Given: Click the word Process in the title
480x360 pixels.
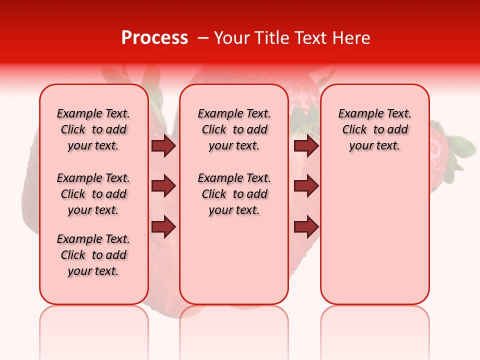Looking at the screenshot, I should click(154, 38).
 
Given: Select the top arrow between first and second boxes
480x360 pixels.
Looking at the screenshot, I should click(163, 145).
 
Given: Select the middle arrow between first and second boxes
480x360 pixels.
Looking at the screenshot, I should click(163, 186).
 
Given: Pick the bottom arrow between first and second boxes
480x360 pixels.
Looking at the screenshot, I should click(163, 226).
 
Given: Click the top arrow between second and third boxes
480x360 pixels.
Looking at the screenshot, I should click(306, 145).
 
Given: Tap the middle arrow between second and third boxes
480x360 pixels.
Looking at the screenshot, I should click(306, 186).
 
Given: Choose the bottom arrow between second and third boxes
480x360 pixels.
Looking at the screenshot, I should click(306, 226).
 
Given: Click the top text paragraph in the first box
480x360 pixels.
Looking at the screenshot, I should click(93, 129).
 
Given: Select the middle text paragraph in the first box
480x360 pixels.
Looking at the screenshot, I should click(93, 194).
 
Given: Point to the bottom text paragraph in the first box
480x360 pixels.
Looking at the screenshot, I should click(93, 255).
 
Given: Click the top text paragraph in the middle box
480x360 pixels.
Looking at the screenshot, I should click(234, 129).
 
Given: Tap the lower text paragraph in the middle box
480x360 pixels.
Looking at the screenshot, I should click(234, 194).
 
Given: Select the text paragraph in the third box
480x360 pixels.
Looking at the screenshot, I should click(374, 129).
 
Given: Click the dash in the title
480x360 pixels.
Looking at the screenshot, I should click(203, 38).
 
